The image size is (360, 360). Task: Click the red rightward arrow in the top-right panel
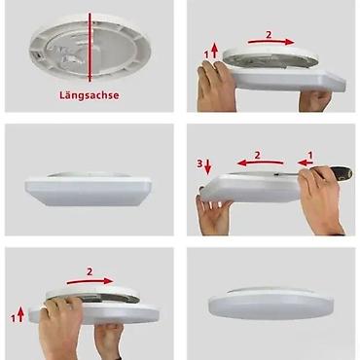[270, 44]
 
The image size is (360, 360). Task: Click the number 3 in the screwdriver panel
[200, 162]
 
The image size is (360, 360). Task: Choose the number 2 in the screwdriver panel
[257, 154]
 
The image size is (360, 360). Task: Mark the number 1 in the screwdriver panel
[311, 154]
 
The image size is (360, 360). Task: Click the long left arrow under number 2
[256, 165]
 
